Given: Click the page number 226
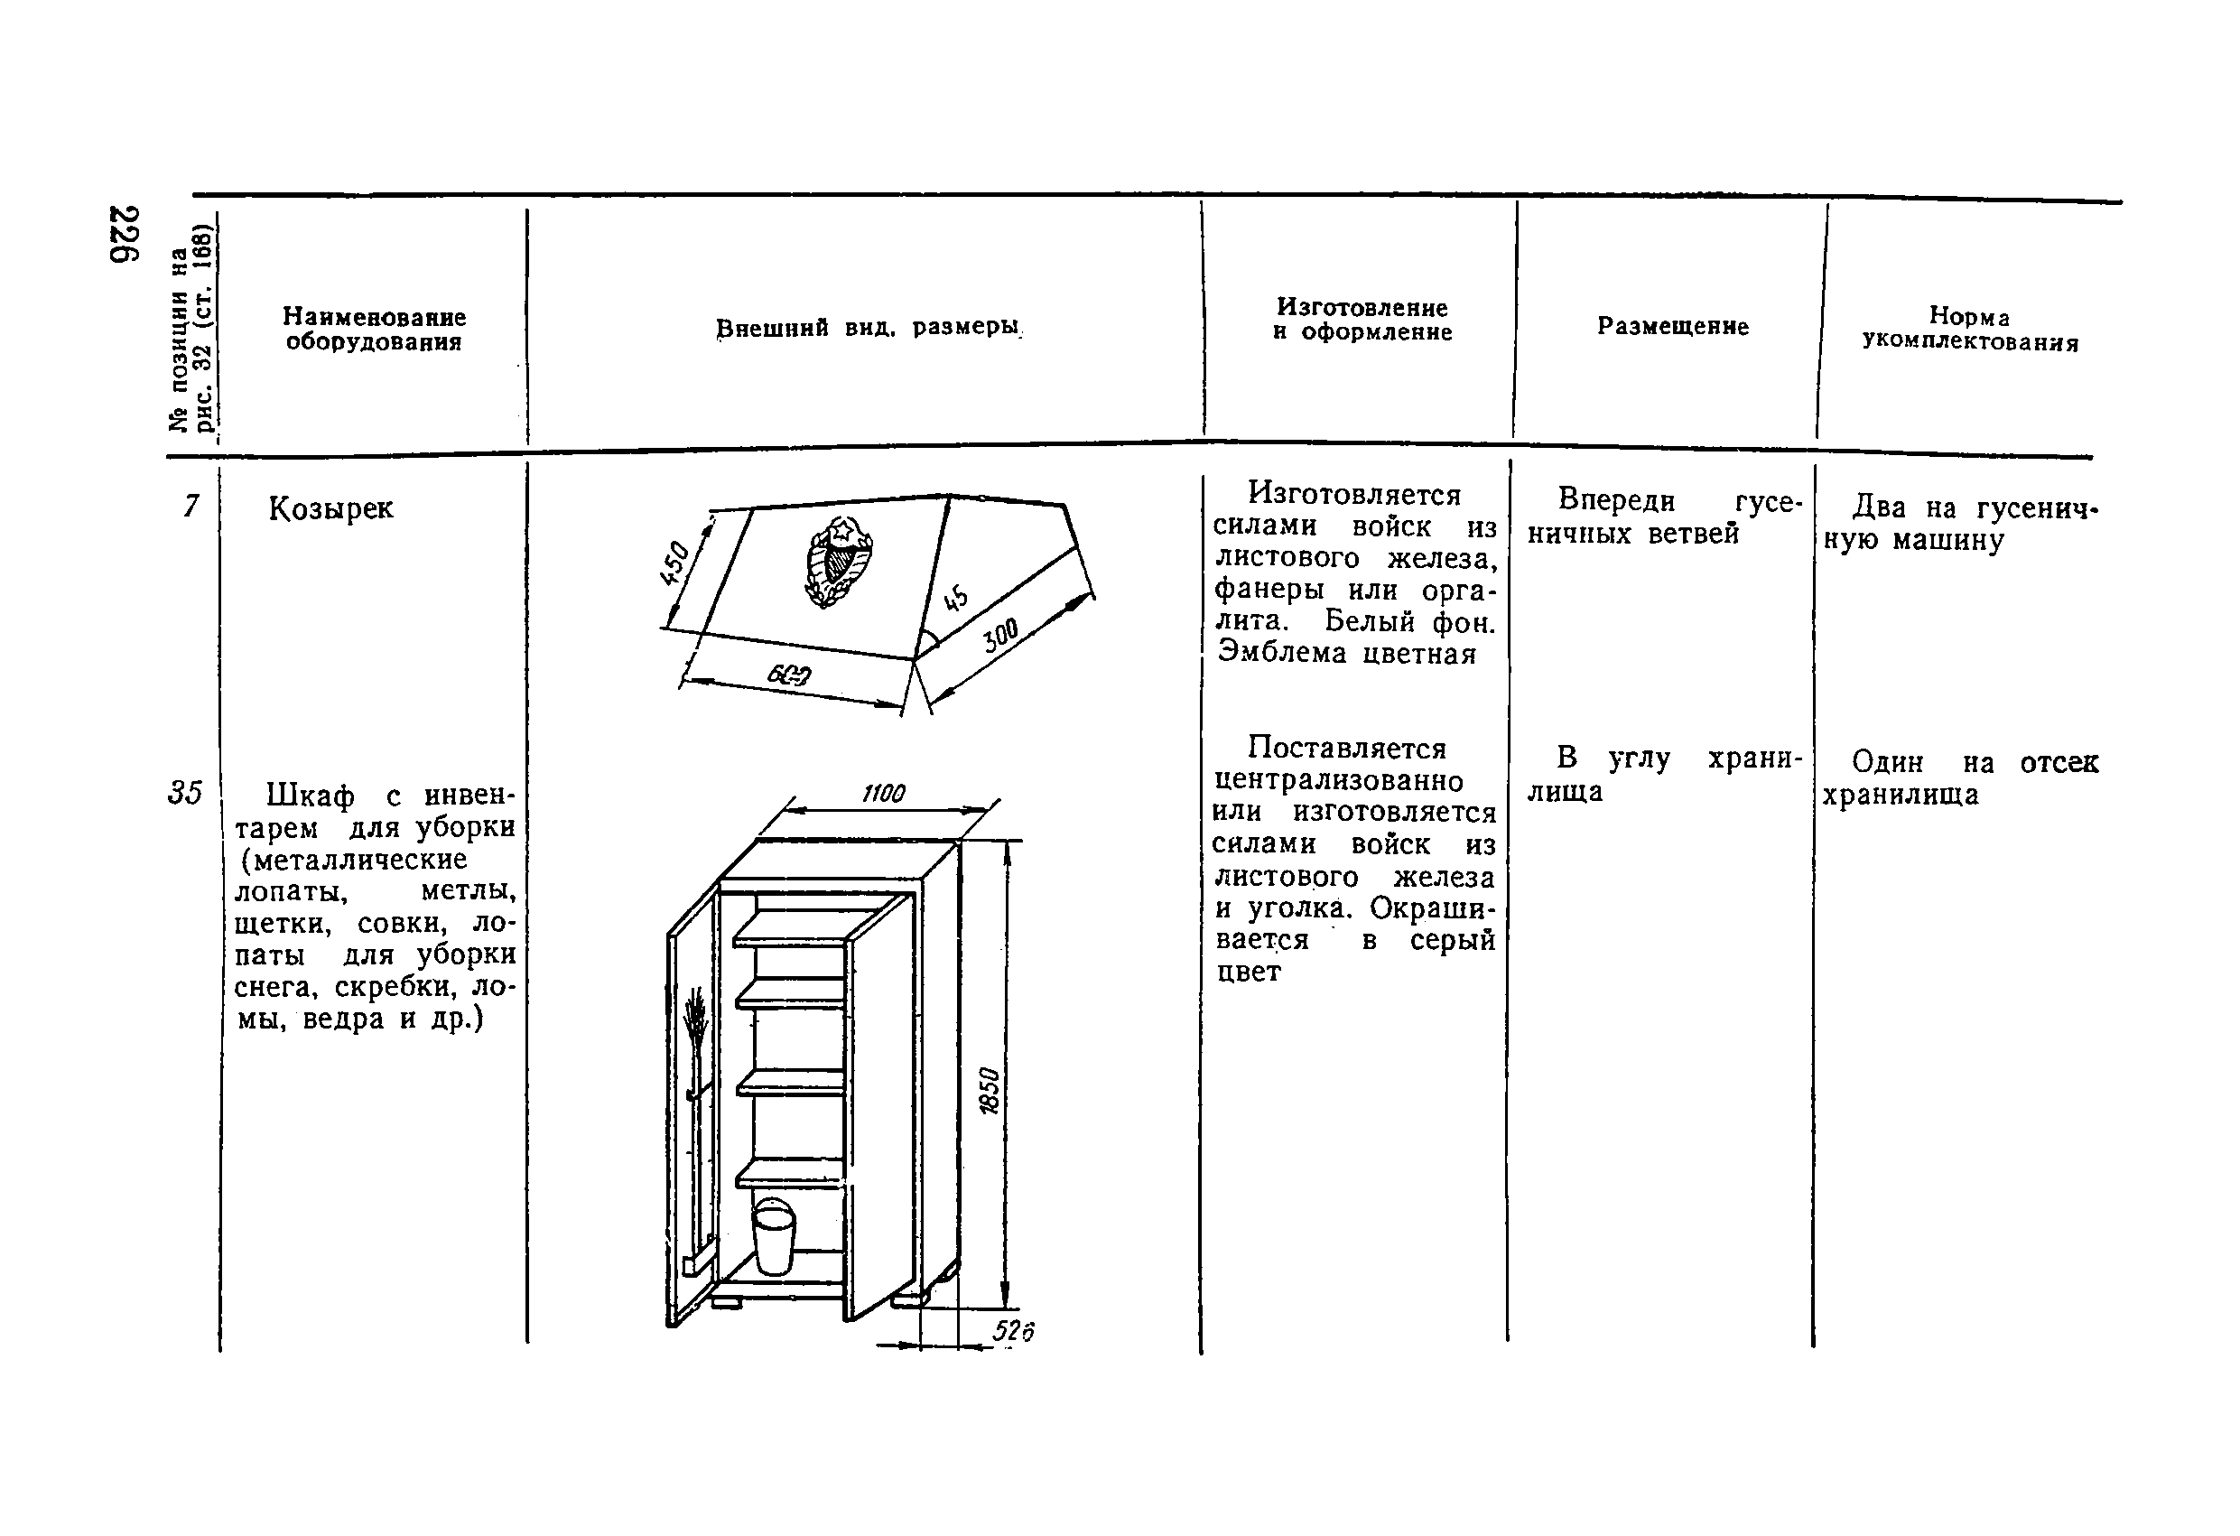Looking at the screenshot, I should (125, 233).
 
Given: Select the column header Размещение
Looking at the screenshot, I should (1672, 326).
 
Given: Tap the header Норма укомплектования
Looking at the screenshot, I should (1969, 329).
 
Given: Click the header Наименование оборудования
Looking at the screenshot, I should (374, 329).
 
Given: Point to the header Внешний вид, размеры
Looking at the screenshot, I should (868, 328).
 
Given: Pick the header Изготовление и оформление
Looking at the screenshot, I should (1361, 319).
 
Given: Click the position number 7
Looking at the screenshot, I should (191, 506).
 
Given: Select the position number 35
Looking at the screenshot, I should (184, 793).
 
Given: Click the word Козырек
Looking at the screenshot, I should (330, 508).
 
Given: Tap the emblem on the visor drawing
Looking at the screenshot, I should (837, 560).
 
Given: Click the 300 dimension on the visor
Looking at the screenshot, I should (1001, 636).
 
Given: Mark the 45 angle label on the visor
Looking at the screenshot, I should (955, 598).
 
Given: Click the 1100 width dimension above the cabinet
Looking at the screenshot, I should (883, 793).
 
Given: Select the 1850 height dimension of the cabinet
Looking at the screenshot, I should (990, 1090).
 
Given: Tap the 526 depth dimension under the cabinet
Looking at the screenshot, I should (1013, 1331).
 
